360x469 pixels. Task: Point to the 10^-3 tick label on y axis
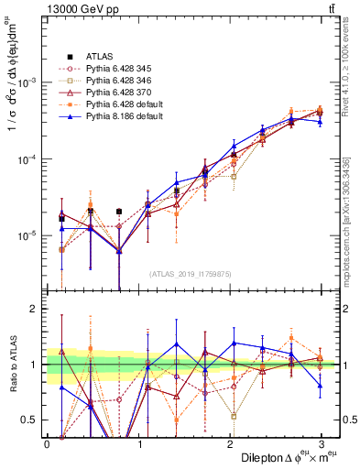pos(29,82)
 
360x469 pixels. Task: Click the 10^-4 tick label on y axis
pos(29,159)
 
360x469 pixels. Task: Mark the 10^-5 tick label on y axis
pos(29,236)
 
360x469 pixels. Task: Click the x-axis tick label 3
pos(322,443)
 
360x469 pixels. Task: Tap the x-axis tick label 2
pos(230,443)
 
